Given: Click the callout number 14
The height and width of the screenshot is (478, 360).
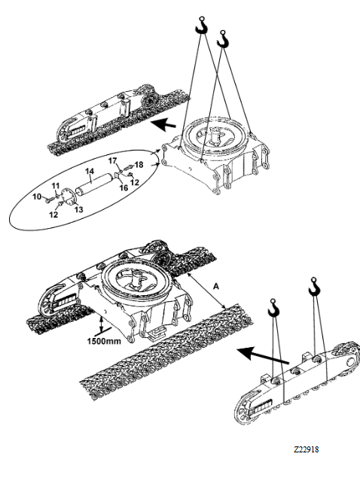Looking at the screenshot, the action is (90, 171).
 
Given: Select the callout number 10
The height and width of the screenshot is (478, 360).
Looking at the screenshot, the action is (37, 196).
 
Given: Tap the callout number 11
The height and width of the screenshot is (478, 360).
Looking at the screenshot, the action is (55, 186).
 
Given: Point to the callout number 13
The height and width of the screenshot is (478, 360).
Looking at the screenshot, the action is (79, 209).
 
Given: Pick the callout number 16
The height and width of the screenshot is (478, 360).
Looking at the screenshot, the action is (124, 187).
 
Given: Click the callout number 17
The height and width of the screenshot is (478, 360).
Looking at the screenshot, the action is (112, 160).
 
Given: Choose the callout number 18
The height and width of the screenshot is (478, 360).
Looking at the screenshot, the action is (139, 165).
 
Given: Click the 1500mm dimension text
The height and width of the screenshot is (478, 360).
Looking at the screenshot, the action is (104, 341).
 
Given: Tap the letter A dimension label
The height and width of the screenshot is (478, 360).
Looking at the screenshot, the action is (216, 287).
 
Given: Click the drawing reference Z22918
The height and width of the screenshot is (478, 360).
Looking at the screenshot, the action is (307, 449).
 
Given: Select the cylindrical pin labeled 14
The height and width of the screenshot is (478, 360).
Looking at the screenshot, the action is (94, 185).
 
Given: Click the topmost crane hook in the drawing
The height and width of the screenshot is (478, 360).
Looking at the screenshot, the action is (201, 26).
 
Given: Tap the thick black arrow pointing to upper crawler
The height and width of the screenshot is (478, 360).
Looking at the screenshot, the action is (164, 123).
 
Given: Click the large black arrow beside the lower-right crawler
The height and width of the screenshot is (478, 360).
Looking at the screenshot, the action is (263, 355).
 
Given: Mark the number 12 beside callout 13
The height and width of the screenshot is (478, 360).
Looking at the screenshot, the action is (53, 215).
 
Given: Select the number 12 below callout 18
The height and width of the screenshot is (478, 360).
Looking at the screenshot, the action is (135, 182).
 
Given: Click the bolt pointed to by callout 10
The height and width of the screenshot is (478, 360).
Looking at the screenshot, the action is (49, 200).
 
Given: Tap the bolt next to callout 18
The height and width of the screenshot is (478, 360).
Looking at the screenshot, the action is (130, 167).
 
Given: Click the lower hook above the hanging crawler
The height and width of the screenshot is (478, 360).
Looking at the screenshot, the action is (273, 308).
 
